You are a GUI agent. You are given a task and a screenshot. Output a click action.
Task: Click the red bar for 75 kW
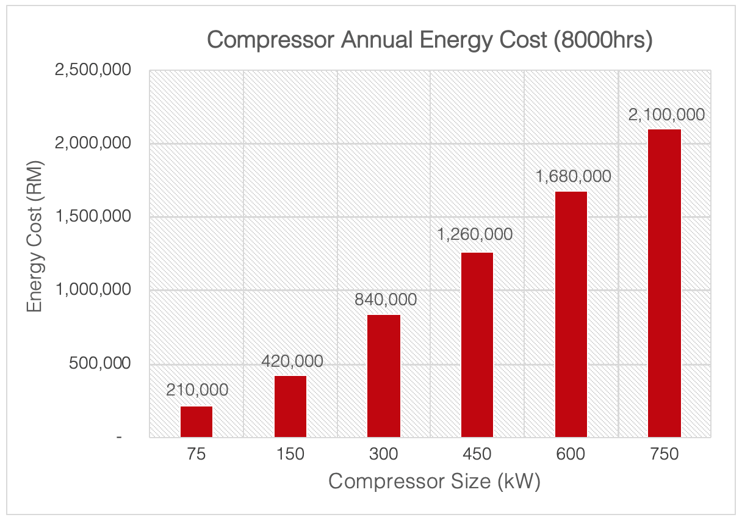coord(197,422)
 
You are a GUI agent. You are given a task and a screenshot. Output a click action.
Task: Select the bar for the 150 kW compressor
coord(290,406)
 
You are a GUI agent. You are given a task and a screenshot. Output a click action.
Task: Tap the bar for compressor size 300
coord(384,376)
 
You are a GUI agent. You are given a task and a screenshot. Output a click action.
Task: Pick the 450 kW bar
coord(477,345)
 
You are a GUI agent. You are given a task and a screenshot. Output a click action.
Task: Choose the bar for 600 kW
coord(571,314)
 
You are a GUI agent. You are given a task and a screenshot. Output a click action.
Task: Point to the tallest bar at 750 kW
coord(665,283)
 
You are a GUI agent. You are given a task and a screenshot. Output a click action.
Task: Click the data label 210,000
coord(197,390)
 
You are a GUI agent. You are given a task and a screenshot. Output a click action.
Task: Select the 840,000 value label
coord(386,300)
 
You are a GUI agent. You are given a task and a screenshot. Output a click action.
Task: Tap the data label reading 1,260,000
coord(475,234)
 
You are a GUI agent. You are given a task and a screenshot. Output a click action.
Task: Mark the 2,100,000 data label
coord(667,115)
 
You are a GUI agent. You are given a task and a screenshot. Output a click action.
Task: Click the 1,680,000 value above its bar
coord(573,176)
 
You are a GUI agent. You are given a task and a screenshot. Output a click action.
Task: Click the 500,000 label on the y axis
coord(101,364)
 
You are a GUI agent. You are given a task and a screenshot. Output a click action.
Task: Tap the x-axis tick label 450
coord(477,455)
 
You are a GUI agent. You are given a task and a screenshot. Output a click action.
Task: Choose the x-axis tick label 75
coord(197,455)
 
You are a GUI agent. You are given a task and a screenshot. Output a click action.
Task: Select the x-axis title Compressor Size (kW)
coord(434,482)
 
